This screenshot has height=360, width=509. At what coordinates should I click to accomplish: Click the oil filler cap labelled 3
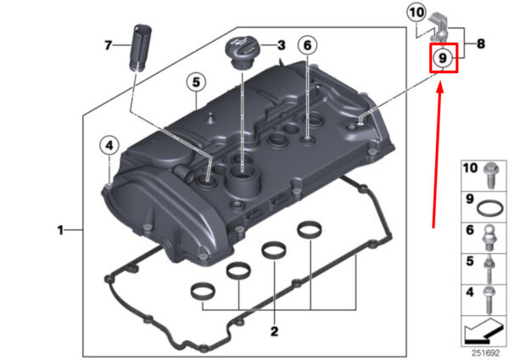tap(242, 53)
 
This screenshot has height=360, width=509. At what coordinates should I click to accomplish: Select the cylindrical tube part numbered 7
tap(141, 47)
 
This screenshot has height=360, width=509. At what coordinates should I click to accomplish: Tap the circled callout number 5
tap(196, 82)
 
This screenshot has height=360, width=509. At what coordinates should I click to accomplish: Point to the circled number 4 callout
tap(109, 145)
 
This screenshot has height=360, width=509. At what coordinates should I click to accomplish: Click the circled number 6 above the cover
tap(307, 46)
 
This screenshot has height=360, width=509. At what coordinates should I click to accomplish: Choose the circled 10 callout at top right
tap(417, 13)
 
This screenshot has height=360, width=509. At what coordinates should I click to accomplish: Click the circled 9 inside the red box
tap(443, 58)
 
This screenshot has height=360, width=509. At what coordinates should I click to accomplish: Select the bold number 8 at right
tap(481, 43)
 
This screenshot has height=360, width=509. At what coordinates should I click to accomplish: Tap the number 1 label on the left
tap(60, 230)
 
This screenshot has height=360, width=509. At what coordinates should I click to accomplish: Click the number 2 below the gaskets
tap(274, 331)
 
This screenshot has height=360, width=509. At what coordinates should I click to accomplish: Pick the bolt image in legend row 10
tap(489, 175)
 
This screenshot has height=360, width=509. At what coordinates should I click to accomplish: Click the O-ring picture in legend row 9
tap(490, 208)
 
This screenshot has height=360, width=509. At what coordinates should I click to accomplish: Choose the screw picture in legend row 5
tap(489, 269)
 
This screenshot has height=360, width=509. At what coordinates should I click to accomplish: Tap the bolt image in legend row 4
tap(489, 300)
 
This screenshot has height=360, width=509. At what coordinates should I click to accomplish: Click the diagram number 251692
tap(485, 353)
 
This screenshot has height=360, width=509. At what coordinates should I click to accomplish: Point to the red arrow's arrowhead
tap(439, 87)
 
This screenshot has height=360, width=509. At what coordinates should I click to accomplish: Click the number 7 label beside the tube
tap(108, 45)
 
